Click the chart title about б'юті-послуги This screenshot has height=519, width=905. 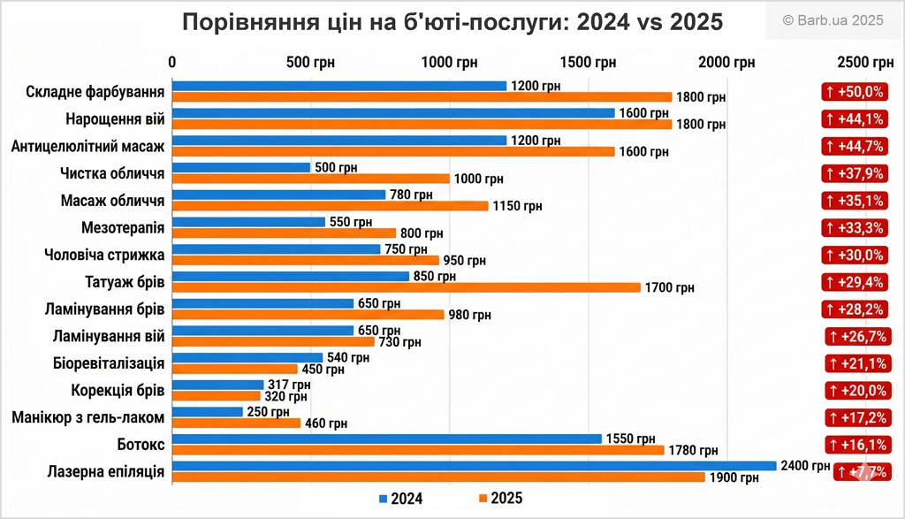(x=452, y=22)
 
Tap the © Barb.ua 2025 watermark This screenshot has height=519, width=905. (x=833, y=20)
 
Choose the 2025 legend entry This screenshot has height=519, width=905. (x=500, y=499)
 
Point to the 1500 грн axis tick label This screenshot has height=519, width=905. (x=591, y=62)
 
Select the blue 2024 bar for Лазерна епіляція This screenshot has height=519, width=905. (x=474, y=466)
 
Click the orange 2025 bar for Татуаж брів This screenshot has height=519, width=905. (x=406, y=287)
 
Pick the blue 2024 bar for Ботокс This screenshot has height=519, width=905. (x=386, y=439)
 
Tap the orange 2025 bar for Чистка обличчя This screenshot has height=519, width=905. (x=310, y=179)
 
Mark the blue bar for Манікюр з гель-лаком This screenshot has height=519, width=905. (x=207, y=411)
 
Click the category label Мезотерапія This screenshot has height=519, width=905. (x=122, y=228)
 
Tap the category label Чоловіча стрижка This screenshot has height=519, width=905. (x=104, y=256)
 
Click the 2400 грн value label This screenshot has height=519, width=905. (x=805, y=466)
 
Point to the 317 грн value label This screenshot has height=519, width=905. (x=289, y=385)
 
